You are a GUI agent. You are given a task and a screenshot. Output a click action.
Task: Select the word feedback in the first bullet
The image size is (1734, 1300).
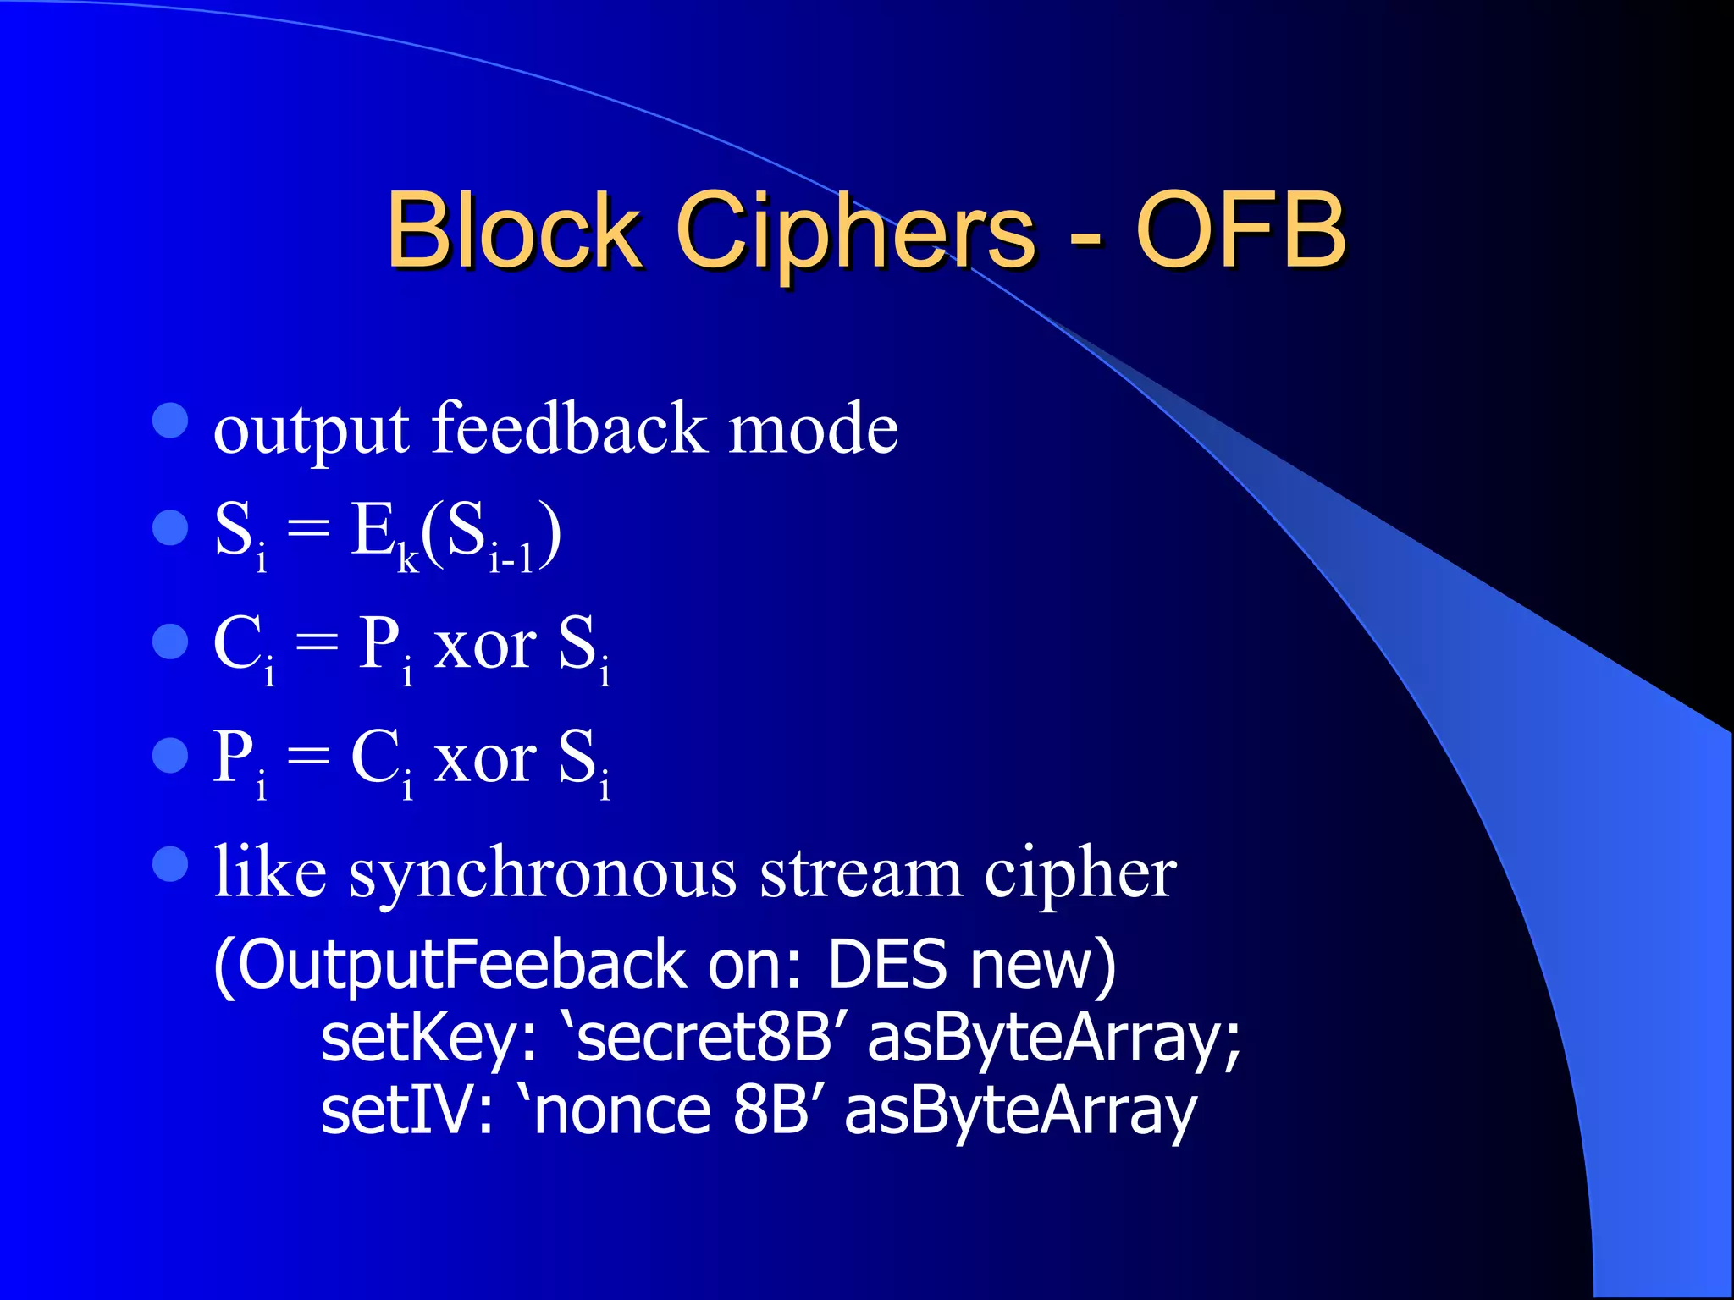click(569, 428)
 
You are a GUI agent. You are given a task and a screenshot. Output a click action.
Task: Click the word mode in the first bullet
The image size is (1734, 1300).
click(813, 430)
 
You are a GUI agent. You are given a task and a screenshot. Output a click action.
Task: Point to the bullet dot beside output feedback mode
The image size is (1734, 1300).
click(170, 421)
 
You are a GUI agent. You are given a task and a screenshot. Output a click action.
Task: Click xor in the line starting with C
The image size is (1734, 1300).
click(484, 647)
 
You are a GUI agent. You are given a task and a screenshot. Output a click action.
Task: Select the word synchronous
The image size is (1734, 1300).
click(542, 875)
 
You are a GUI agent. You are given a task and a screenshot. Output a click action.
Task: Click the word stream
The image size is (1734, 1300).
click(860, 875)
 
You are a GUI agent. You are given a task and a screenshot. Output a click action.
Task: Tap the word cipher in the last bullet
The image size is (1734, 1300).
click(1080, 875)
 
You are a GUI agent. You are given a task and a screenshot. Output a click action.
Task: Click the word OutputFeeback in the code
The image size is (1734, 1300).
click(461, 965)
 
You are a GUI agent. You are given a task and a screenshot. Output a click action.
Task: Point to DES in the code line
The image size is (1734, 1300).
click(886, 965)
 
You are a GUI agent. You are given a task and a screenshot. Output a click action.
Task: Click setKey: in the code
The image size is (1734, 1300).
click(428, 1039)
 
